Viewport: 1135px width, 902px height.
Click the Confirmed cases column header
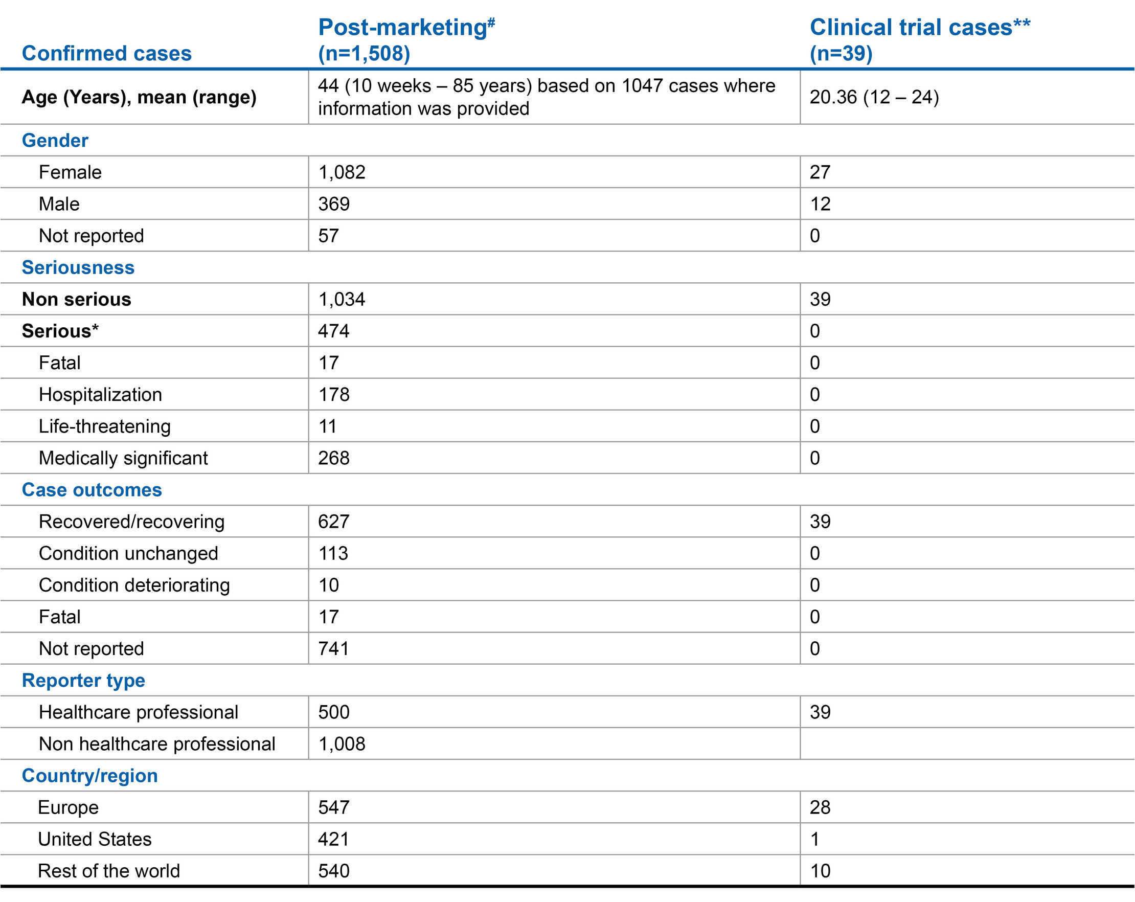[106, 53]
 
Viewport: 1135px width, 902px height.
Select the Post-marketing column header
[406, 39]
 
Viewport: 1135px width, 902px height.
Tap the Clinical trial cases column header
[919, 39]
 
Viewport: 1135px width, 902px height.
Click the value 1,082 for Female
[342, 172]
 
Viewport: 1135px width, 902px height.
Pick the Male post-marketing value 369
[334, 204]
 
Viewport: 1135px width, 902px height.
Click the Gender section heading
[55, 141]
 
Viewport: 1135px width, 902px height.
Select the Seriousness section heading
[78, 267]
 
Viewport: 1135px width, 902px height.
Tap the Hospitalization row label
[100, 394]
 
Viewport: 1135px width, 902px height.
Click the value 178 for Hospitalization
[334, 394]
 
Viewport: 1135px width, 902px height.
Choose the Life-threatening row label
[104, 426]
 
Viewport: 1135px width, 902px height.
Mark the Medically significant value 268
[334, 458]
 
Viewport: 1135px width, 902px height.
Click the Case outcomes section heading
[92, 490]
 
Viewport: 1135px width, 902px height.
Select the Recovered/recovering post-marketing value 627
[334, 521]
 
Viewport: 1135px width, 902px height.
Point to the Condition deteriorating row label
[134, 585]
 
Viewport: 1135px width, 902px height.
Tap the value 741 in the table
[334, 648]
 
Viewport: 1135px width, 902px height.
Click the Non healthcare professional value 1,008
[342, 743]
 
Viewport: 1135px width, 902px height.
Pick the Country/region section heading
[89, 776]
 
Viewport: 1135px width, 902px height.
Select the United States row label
[95, 839]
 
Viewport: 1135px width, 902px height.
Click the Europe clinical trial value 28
[820, 807]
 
